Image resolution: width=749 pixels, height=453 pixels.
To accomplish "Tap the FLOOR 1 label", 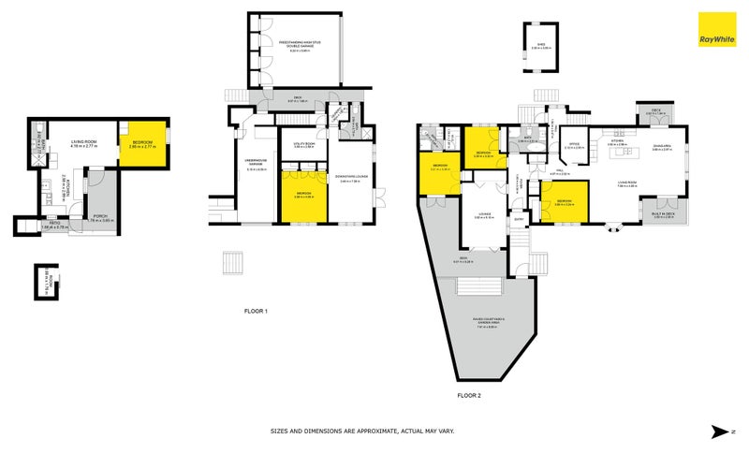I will [x=256, y=311].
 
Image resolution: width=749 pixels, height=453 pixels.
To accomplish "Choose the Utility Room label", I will [x=304, y=145].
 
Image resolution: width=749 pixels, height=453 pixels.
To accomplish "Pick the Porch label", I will [x=99, y=216].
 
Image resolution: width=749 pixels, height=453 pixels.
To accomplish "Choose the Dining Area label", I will [x=662, y=146].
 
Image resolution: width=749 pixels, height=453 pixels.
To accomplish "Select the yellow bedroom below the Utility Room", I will [x=304, y=197].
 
